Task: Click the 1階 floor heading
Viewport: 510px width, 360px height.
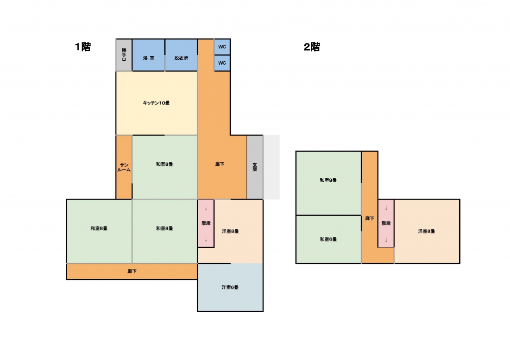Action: coord(83,47)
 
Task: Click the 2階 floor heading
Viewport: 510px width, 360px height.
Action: coord(312,47)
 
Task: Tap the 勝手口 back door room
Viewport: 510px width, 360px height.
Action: coord(124,55)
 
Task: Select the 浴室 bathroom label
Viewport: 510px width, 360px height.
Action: coord(148,58)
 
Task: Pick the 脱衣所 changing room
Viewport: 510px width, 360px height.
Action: coord(181,58)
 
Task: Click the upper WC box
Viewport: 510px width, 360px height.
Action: coord(222,47)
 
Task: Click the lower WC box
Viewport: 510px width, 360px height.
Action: coord(222,63)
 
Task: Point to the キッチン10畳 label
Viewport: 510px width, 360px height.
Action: coord(156,103)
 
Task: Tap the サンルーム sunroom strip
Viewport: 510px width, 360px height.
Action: coord(124,167)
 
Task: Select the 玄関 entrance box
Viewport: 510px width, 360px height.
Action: coord(255,167)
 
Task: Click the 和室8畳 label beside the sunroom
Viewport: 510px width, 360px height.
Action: coord(164,164)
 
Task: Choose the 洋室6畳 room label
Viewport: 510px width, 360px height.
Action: coord(230,287)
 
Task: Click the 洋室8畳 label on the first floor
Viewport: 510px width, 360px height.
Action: coord(230,231)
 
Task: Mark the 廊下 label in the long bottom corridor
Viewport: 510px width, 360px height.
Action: coord(132,272)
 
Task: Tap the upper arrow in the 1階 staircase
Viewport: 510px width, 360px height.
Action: coord(206,208)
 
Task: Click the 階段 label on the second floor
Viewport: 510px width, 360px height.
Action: coord(386,223)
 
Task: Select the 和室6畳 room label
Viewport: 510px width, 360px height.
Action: coord(328,239)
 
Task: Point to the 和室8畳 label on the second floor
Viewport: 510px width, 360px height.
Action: coord(328,180)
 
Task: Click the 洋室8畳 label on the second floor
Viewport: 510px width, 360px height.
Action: coord(427,231)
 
